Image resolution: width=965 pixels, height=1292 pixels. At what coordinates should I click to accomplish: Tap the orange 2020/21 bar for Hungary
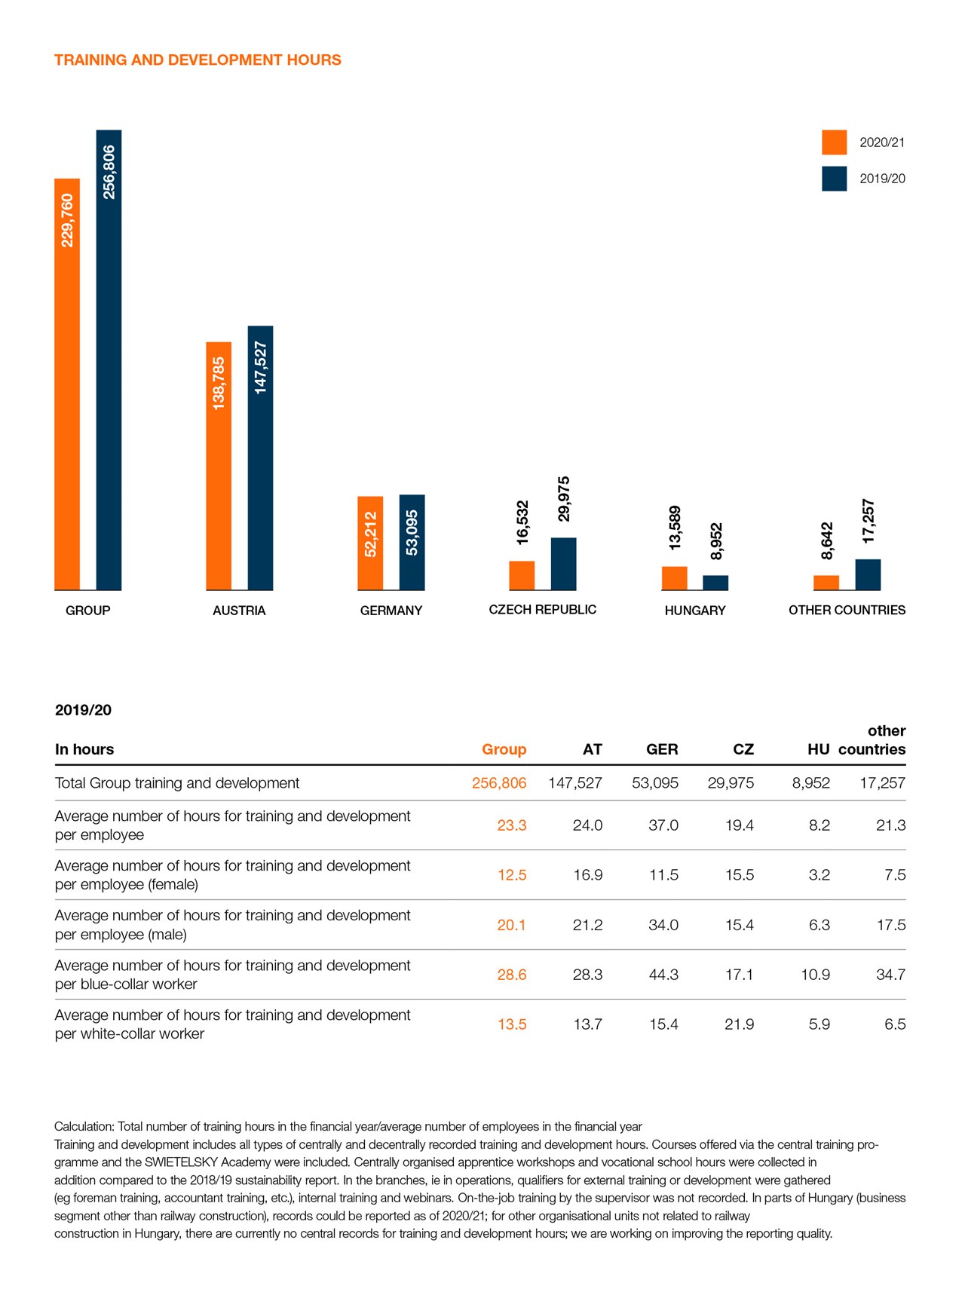674,578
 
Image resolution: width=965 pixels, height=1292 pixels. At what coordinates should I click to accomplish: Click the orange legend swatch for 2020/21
834,142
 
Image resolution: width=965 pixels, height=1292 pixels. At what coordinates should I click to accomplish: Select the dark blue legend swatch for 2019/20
834,179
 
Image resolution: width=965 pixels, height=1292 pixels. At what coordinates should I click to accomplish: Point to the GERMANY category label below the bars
391,611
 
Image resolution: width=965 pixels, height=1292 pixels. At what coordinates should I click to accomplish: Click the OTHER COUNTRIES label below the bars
847,610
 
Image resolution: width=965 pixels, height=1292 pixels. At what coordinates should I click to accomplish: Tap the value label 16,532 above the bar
522,522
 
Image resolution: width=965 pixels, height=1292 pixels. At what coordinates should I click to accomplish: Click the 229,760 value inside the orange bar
68,220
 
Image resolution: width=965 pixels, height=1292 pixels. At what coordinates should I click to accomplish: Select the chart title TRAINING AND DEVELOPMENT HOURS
198,60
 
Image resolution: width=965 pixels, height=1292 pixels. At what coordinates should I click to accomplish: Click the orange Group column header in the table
504,749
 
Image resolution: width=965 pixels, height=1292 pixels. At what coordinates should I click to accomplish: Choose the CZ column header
743,749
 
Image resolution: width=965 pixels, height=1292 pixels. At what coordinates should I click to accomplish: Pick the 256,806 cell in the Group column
499,783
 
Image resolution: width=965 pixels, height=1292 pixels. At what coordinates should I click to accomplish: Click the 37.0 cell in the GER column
663,825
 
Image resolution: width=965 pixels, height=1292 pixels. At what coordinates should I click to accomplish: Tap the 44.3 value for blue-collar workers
663,975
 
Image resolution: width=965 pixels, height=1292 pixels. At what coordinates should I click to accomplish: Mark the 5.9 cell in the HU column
819,1024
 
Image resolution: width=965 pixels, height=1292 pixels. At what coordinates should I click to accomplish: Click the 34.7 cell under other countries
890,975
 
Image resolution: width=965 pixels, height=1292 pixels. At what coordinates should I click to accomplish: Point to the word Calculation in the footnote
83,1127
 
